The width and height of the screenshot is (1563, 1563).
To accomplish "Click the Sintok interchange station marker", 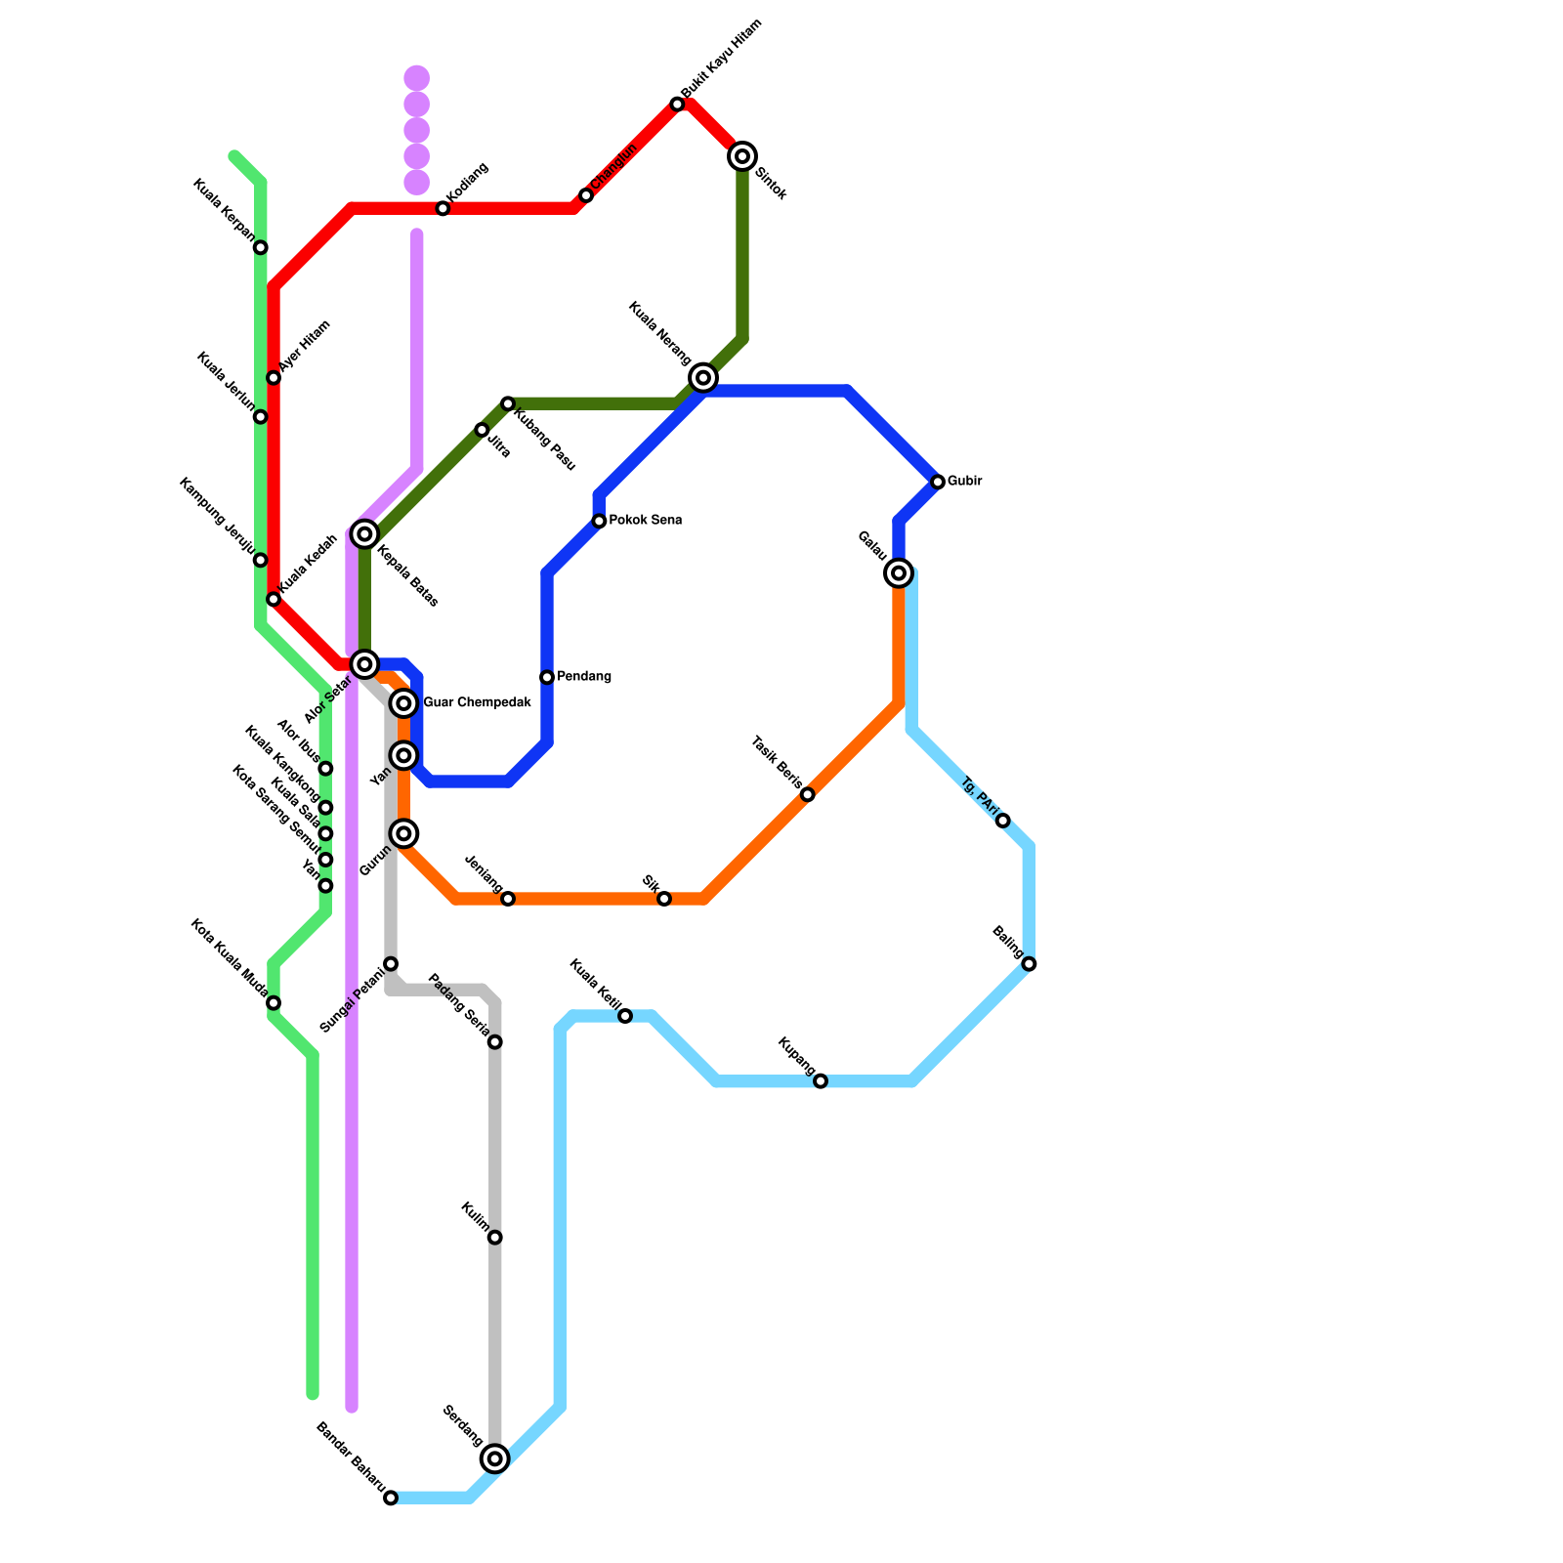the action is coord(743,156).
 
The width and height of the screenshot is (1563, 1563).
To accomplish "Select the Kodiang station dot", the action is coord(443,209).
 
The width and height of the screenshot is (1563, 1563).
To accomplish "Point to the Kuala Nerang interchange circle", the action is coord(703,377).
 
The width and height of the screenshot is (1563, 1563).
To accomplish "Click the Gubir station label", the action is coord(964,482).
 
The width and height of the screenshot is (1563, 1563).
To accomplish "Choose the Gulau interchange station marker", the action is coord(899,572).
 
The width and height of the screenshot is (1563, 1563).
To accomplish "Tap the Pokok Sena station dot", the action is coord(599,522).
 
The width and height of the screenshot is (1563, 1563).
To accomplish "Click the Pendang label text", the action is coord(584,677).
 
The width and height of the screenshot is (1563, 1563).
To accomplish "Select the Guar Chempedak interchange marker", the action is coord(403,703).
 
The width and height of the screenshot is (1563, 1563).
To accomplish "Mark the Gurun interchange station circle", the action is coord(403,833).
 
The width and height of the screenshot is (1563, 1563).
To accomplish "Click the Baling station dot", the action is coord(1029,964).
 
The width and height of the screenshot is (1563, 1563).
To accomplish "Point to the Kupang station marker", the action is coord(821,1081).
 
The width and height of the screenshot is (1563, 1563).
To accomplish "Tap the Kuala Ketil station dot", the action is coord(625,1017).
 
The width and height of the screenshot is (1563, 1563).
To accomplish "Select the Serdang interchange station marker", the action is coord(495,1459).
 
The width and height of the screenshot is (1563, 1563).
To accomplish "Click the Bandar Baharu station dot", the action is coord(391,1499).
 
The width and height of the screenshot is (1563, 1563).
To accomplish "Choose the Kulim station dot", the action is coord(495,1238).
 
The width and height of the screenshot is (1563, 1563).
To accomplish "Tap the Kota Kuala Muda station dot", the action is coord(274,1003).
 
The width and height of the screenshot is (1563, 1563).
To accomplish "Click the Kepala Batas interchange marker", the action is coord(364,533).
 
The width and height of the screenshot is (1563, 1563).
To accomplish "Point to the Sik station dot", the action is coord(664,899).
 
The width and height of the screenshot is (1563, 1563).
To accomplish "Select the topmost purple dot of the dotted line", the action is coord(417,77).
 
